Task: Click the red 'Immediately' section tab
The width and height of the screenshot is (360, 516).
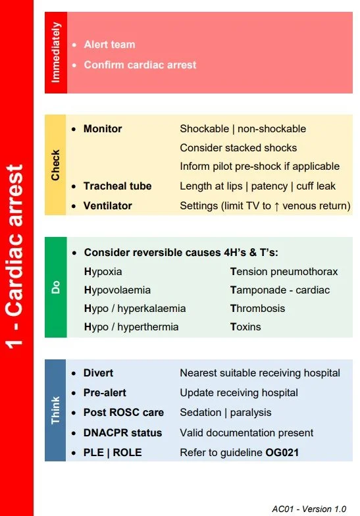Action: [x=55, y=53]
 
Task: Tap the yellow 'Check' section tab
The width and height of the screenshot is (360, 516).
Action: [x=55, y=165]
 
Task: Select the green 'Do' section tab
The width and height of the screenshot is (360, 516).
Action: [x=55, y=288]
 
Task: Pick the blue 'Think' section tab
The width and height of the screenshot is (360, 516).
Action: [x=55, y=409]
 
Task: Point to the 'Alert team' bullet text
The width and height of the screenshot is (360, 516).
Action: [x=109, y=45]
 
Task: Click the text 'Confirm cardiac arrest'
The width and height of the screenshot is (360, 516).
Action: [x=140, y=65]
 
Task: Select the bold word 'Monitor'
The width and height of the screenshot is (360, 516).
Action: [x=103, y=129]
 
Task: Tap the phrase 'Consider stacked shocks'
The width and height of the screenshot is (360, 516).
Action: [x=238, y=148]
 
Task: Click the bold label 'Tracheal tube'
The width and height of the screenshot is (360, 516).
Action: [x=117, y=186]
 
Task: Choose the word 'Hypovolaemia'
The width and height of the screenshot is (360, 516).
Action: [x=117, y=290]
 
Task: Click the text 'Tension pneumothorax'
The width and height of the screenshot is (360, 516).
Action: [x=284, y=272]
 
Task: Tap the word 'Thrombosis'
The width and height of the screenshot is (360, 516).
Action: [x=257, y=309]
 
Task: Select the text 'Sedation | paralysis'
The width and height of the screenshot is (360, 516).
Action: [x=225, y=413]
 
